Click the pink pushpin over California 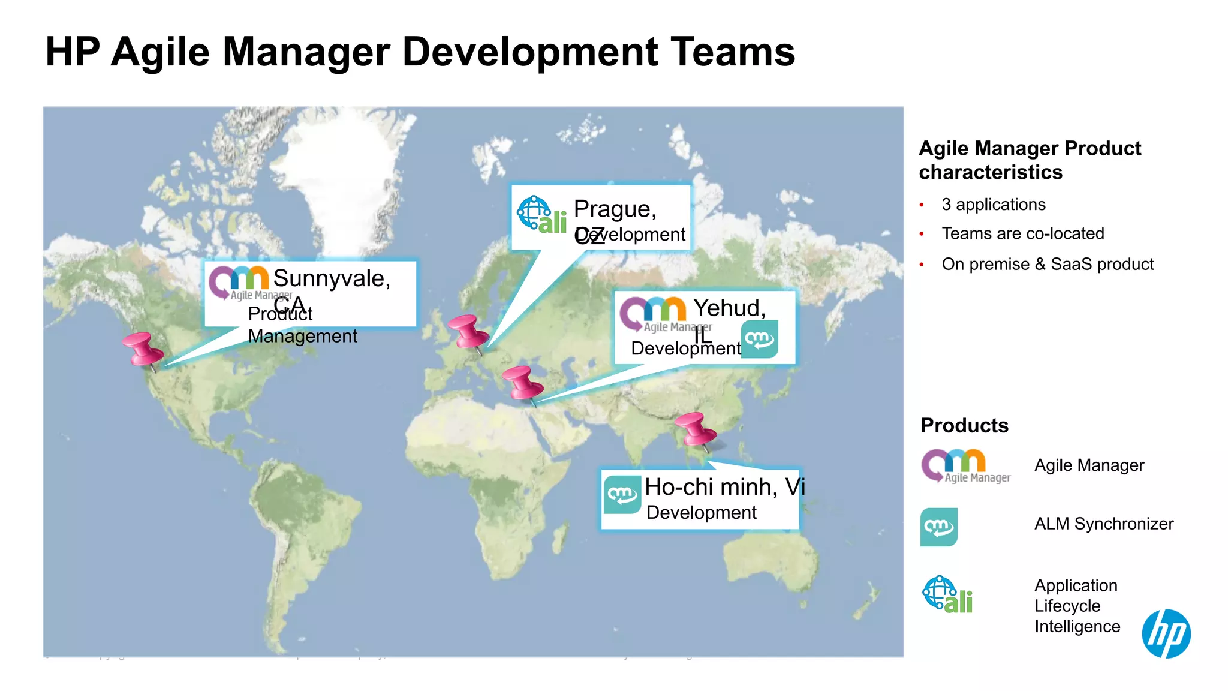(x=143, y=350)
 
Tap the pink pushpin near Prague (x=468, y=332)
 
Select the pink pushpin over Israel (x=522, y=383)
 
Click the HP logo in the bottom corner (x=1166, y=633)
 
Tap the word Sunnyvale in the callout (x=332, y=278)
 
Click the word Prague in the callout (x=615, y=209)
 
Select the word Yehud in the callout (x=729, y=308)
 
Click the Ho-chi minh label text (x=724, y=487)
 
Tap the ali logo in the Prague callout (x=542, y=215)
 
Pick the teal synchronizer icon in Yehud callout (x=760, y=340)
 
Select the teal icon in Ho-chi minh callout (x=622, y=494)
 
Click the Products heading (x=964, y=425)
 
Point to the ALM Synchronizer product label (x=1103, y=524)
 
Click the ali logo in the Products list (x=947, y=595)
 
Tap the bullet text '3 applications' (x=993, y=205)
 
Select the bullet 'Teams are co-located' (x=1022, y=233)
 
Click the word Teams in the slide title (x=732, y=52)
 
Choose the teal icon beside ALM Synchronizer (x=938, y=527)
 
